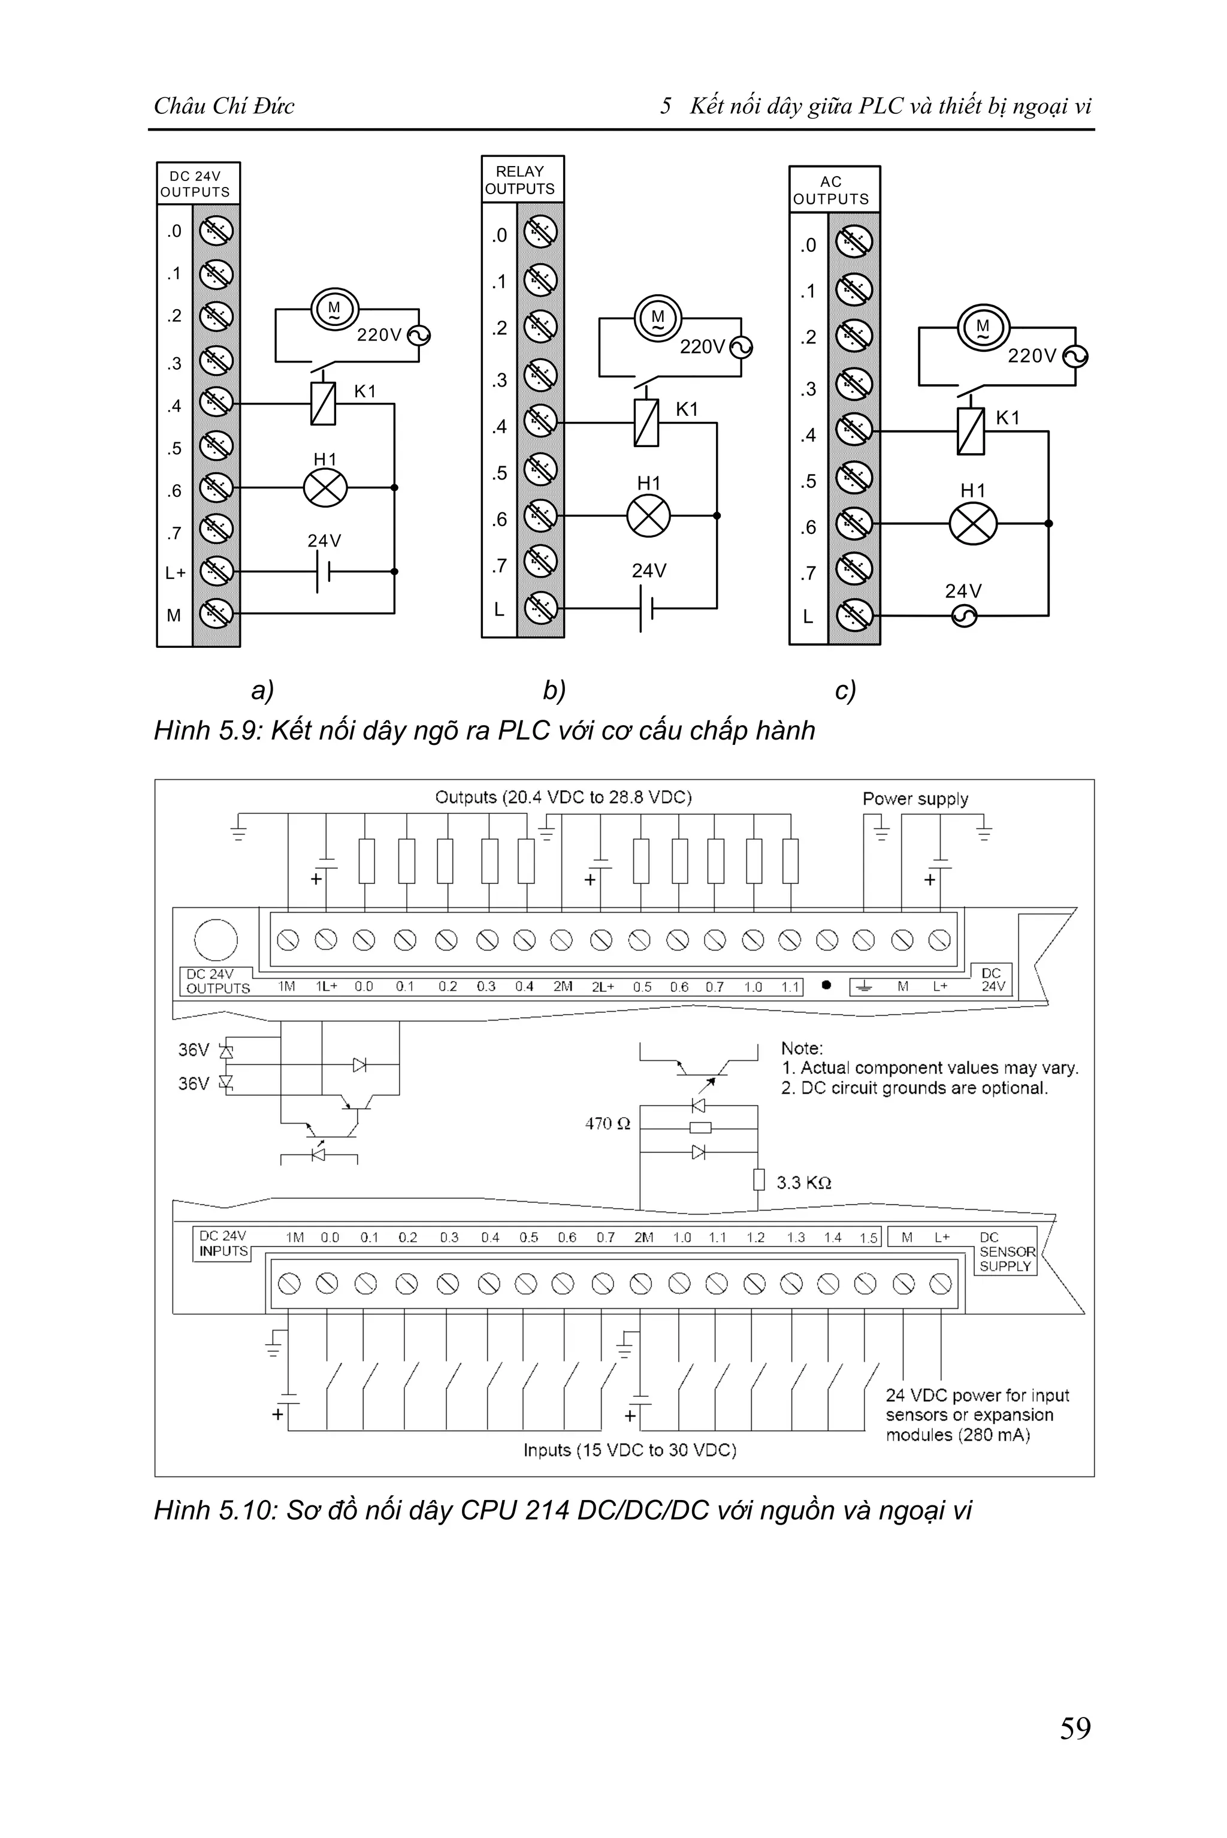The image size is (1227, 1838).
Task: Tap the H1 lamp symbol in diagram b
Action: tap(649, 516)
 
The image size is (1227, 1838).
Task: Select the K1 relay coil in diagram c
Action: tap(971, 431)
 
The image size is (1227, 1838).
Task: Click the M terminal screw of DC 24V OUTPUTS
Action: tap(216, 613)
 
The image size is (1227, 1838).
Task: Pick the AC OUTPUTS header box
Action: tap(834, 190)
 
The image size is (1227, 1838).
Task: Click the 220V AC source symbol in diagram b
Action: tap(741, 347)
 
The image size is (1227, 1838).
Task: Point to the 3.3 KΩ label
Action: tap(803, 1183)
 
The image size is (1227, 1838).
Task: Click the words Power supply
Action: tap(915, 799)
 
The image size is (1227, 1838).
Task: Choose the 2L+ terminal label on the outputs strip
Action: tap(603, 987)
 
